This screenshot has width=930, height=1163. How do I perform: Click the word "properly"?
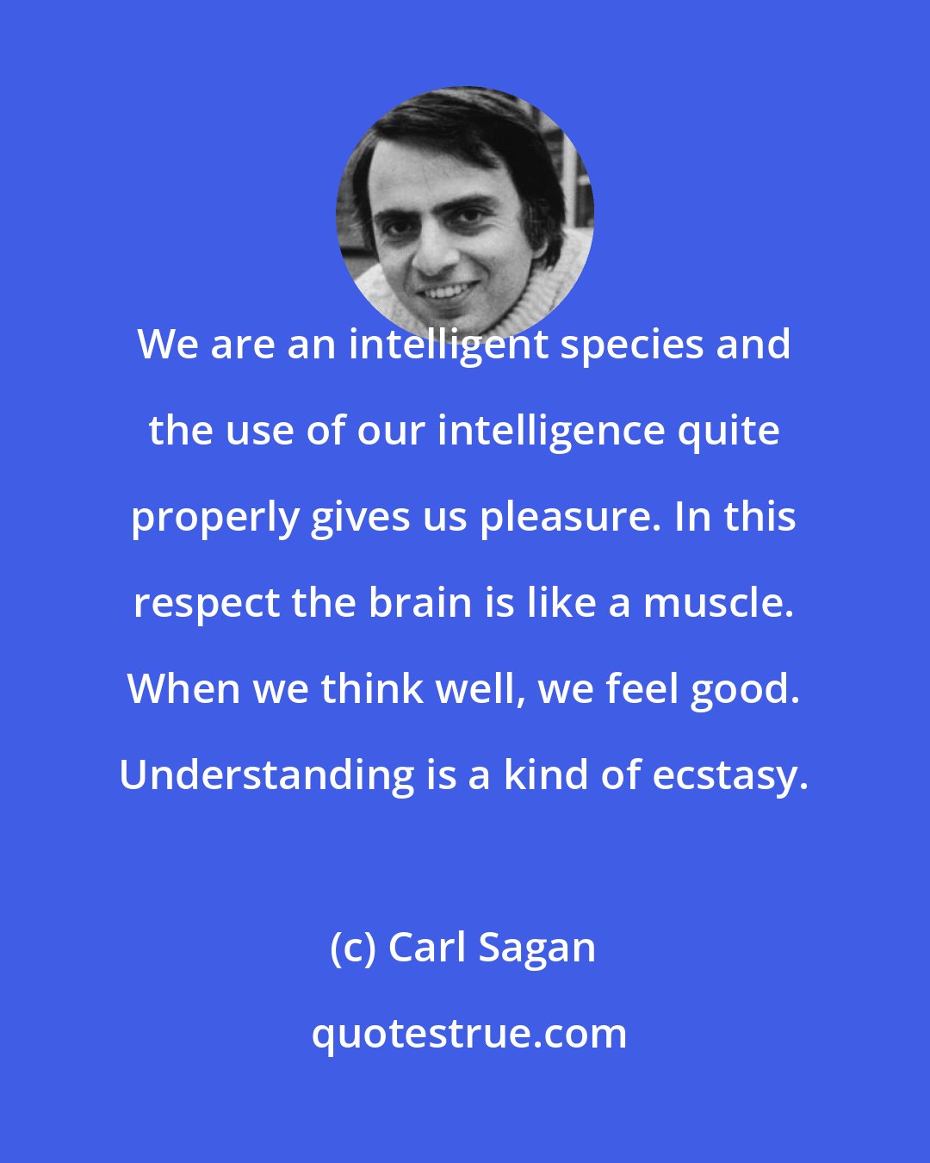tap(214, 518)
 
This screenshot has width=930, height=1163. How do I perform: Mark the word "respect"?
tap(207, 603)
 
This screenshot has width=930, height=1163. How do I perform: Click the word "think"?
tap(374, 689)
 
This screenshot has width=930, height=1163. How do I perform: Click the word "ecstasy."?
tap(730, 775)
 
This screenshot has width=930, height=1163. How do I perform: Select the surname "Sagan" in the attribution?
tap(536, 948)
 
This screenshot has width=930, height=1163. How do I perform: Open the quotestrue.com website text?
tap(468, 1033)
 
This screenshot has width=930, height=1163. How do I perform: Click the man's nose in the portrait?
tap(436, 250)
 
